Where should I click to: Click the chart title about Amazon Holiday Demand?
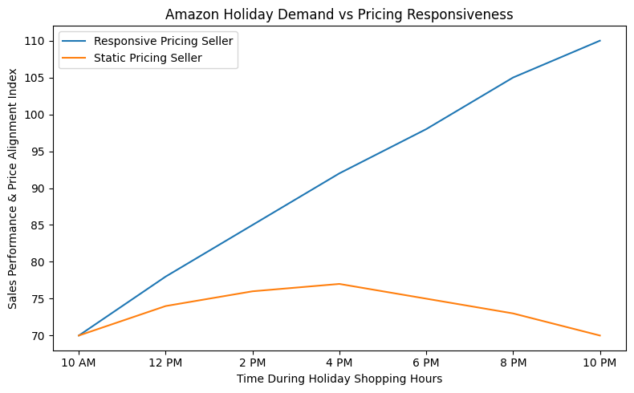click(x=339, y=14)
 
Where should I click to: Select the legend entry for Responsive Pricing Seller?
click(x=163, y=41)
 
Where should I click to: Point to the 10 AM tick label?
click(x=79, y=363)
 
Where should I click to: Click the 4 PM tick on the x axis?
click(x=339, y=363)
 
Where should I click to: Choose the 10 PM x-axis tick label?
click(x=599, y=363)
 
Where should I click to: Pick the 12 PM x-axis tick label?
click(x=165, y=363)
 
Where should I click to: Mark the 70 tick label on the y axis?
click(x=39, y=335)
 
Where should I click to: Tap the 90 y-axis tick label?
click(x=39, y=188)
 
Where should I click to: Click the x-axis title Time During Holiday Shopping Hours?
click(x=339, y=379)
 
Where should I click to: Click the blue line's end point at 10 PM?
click(x=599, y=41)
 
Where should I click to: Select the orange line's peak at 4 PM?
click(x=339, y=284)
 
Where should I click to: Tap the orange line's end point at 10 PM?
click(x=599, y=335)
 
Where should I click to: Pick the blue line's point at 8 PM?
click(x=513, y=78)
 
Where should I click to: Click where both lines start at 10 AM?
click(x=79, y=335)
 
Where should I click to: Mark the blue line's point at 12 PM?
click(x=165, y=277)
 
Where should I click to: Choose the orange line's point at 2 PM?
click(x=253, y=291)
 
